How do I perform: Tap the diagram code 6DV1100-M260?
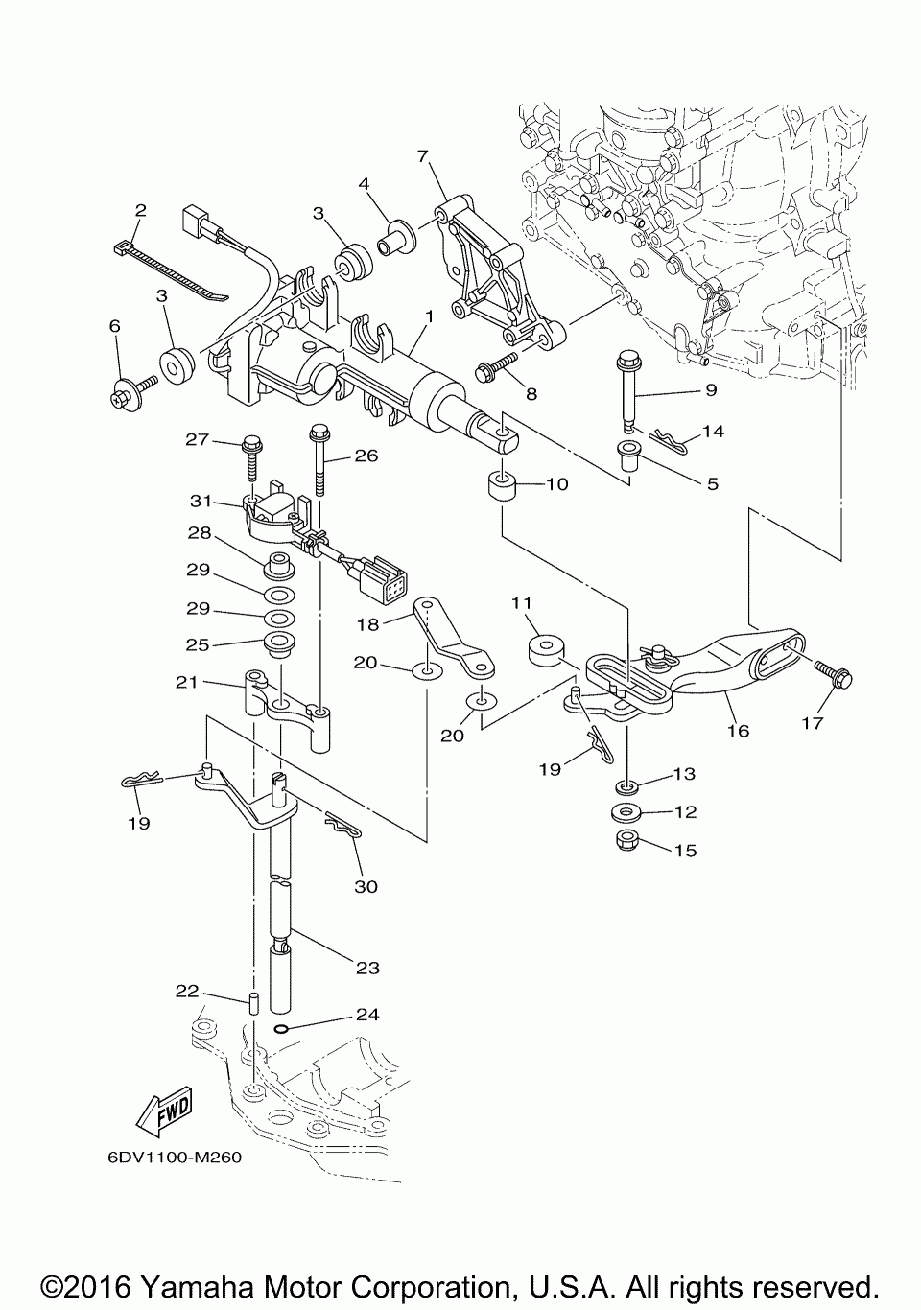175,1158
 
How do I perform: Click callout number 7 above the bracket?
422,156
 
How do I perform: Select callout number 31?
201,502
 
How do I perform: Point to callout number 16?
739,731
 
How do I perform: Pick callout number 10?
557,484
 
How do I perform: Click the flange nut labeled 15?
627,841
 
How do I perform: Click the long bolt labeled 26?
319,461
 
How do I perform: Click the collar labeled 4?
394,239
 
